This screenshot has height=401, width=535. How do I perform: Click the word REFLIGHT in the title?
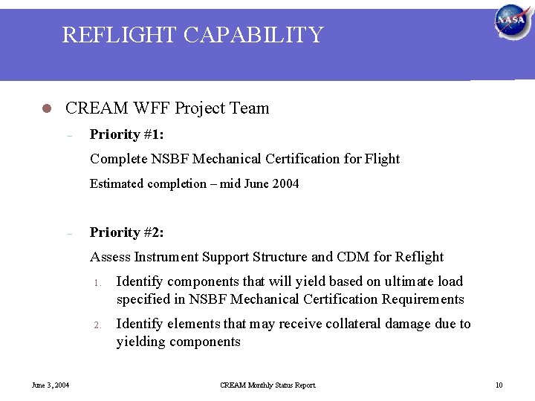[114, 35]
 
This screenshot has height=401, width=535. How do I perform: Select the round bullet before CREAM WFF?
[45, 108]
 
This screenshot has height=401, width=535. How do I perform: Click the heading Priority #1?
[127, 134]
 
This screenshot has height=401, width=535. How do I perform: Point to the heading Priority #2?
[127, 232]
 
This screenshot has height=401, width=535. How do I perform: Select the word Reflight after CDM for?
[417, 257]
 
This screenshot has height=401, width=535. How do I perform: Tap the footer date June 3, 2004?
[50, 385]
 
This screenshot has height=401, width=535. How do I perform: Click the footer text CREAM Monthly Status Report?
[267, 385]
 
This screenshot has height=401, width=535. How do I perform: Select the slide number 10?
[499, 385]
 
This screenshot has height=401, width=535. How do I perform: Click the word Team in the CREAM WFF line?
[250, 108]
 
